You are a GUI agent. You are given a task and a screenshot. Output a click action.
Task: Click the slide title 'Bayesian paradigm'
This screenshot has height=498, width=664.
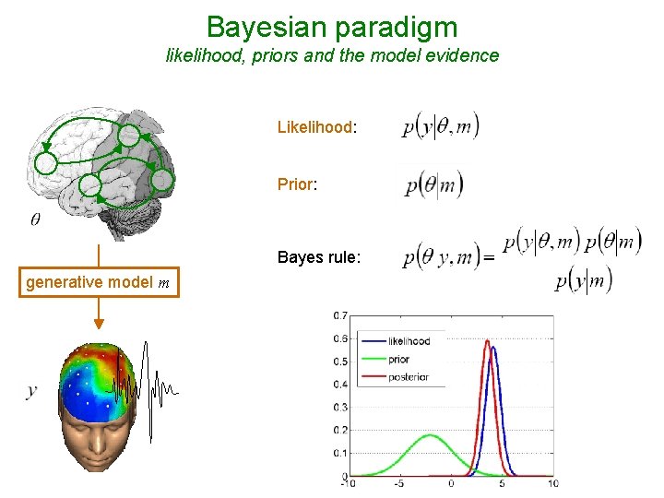tap(332, 25)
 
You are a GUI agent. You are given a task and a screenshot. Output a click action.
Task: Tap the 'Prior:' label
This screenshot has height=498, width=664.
tap(297, 184)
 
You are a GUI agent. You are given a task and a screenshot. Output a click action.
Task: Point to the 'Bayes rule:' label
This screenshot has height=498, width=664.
tap(318, 257)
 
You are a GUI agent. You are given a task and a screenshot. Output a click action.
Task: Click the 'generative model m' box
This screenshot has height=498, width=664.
tap(98, 283)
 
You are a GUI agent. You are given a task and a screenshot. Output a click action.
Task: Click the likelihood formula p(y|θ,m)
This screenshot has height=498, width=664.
tap(441, 127)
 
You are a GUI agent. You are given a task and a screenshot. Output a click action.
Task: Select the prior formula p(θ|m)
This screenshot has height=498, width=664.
tap(433, 184)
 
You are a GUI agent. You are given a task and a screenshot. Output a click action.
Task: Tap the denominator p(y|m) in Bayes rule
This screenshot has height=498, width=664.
tap(583, 280)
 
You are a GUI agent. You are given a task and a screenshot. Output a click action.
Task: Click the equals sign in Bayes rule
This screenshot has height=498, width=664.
tap(489, 259)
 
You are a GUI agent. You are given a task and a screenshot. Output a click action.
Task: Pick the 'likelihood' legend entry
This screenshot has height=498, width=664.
tap(409, 341)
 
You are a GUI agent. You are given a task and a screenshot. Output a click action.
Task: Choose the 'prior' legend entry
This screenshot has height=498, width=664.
tap(398, 360)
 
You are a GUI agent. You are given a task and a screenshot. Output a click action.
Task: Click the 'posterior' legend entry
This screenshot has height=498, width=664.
tap(408, 377)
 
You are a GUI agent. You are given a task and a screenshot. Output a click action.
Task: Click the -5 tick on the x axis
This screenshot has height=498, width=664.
tap(398, 483)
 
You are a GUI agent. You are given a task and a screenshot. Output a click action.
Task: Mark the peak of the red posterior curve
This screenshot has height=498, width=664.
tap(487, 340)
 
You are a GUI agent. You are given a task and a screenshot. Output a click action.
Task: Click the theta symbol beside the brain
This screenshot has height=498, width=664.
tap(35, 219)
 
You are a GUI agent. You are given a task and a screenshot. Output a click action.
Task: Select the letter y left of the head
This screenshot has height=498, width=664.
tap(31, 391)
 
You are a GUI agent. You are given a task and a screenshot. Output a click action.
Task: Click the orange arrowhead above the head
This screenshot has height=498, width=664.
tap(98, 324)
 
